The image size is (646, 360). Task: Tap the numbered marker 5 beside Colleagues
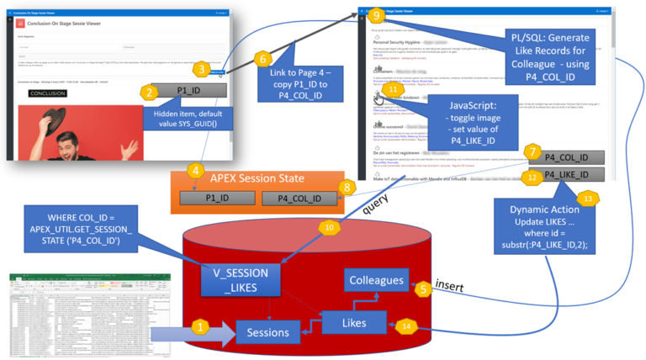(425, 287)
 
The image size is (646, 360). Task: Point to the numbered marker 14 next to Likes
(406, 326)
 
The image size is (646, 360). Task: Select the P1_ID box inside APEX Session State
(218, 198)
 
